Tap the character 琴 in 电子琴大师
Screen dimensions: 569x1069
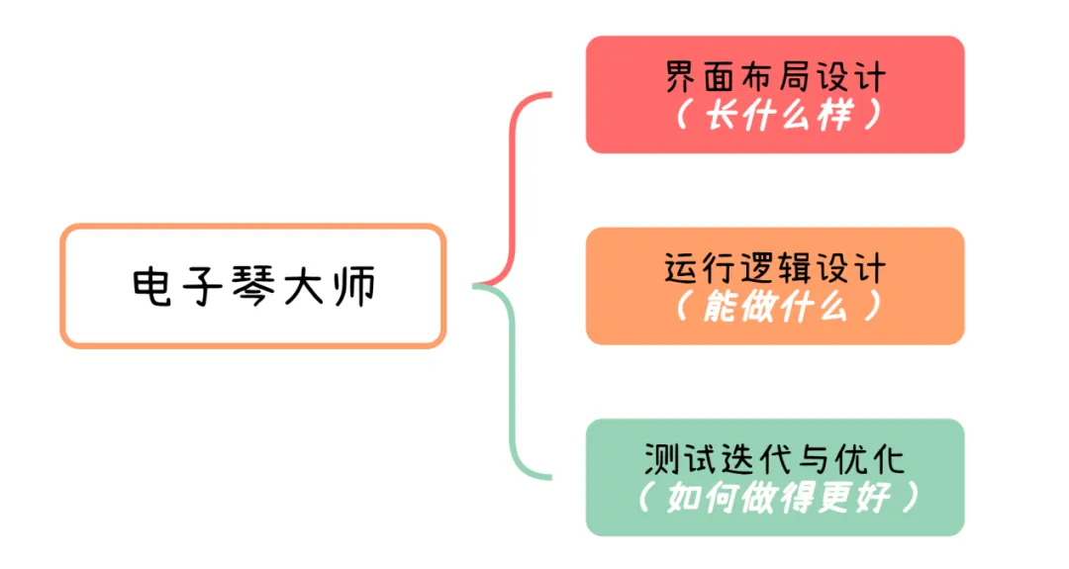click(x=254, y=286)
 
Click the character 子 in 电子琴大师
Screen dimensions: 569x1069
click(x=205, y=286)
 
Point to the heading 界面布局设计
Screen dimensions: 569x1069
click(x=775, y=77)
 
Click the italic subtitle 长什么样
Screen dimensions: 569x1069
click(x=775, y=116)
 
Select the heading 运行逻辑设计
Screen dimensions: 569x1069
click(x=775, y=268)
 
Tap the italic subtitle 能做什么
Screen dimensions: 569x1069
click(x=775, y=308)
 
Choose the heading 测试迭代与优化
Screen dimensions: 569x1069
click(x=775, y=459)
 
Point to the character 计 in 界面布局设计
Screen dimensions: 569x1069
click(x=868, y=77)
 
